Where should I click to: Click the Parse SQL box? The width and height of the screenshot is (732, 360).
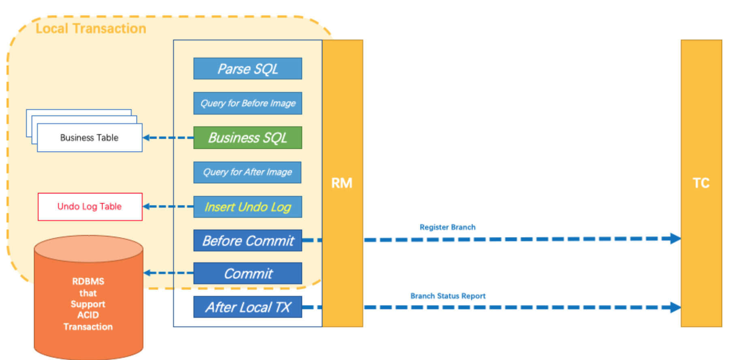[248, 69]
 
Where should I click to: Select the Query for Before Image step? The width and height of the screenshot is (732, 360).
[248, 103]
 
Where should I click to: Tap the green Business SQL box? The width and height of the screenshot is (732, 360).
[248, 138]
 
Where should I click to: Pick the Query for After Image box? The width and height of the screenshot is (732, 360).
[247, 172]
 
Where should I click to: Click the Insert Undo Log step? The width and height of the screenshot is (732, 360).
[248, 207]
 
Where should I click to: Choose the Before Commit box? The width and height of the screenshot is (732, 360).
[248, 241]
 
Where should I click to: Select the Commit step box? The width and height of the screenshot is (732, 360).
[248, 274]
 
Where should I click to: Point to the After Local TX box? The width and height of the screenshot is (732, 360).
[248, 307]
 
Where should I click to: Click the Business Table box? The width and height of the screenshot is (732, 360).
[90, 138]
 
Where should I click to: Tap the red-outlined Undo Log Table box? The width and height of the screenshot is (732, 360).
[90, 207]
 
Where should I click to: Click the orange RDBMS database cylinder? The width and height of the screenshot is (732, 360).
[88, 300]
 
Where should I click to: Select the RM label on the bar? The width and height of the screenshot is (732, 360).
[342, 183]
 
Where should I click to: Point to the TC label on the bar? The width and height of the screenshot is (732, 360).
[701, 183]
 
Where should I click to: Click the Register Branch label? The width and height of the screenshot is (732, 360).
[447, 227]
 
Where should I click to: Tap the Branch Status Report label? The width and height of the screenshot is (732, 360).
[448, 296]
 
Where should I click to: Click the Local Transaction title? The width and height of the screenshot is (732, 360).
[91, 28]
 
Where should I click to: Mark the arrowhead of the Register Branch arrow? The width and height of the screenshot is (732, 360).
[675, 238]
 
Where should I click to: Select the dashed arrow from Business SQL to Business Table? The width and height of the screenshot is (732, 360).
[168, 138]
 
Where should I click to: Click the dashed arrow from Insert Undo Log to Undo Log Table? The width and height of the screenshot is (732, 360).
[168, 207]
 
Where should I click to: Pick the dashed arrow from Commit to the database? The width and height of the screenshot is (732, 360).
[168, 273]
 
